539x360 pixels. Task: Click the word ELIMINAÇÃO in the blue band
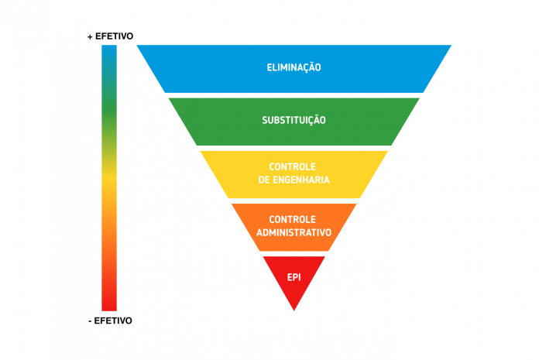tap(294, 67)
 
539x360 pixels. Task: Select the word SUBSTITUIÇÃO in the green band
tap(294, 120)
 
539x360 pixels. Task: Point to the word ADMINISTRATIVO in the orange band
tap(294, 232)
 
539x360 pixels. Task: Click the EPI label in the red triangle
tap(294, 277)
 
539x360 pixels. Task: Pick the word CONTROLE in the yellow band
tap(292, 166)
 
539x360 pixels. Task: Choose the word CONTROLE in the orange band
tap(292, 220)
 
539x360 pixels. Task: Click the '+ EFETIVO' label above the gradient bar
tap(110, 36)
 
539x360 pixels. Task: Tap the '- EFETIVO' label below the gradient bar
tap(110, 321)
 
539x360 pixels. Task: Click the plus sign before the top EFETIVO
tap(90, 36)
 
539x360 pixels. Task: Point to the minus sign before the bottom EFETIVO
tap(90, 321)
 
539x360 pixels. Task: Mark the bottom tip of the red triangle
tap(294, 311)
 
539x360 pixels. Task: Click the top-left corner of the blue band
tap(137, 45)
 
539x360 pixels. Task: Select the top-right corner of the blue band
tap(451, 45)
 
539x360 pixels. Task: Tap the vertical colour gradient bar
tap(109, 178)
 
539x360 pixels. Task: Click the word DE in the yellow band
tap(264, 180)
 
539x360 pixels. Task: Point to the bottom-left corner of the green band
tap(197, 146)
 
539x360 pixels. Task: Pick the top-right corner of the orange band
tap(356, 204)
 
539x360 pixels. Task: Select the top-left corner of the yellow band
tap(200, 151)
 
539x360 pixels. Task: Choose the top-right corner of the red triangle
tap(325, 256)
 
